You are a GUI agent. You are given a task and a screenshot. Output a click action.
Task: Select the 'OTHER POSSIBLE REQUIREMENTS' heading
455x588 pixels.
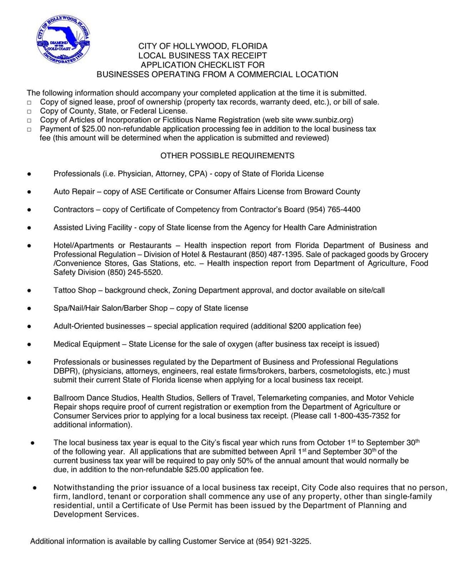[227, 155]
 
